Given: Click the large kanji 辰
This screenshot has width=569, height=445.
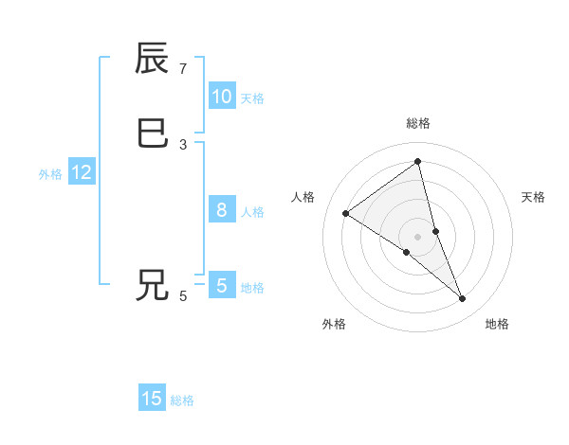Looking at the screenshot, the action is (x=153, y=60).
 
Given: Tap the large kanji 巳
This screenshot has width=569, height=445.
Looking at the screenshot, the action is (x=153, y=133).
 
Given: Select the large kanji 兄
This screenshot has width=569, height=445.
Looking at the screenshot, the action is (x=153, y=285).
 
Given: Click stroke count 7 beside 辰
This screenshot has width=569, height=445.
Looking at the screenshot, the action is (x=183, y=69).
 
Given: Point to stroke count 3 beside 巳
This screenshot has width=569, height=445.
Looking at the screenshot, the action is (x=183, y=144).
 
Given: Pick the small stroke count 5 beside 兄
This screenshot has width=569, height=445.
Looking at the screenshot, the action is (x=183, y=296).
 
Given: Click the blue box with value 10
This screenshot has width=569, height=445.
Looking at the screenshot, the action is (x=221, y=97).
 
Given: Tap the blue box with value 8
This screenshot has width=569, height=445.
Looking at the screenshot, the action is (x=221, y=210).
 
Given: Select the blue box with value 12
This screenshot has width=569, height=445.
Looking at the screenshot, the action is (x=81, y=172).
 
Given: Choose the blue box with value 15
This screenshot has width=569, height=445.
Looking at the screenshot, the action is (x=152, y=399).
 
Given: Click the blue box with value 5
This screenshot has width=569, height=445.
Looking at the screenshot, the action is (x=221, y=285).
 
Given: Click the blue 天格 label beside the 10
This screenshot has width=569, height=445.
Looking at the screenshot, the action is (x=252, y=98).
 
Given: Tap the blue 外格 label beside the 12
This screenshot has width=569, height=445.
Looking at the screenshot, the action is (x=50, y=174).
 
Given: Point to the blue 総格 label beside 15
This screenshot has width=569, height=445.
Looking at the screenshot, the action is (x=182, y=400).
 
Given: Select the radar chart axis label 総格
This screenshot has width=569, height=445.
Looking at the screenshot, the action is (x=418, y=123).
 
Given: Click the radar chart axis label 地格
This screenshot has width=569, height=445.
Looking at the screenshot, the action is (x=497, y=324).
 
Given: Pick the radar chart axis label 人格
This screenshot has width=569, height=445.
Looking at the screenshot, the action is (x=303, y=197).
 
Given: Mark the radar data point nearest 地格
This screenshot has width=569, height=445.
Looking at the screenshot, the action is (x=463, y=299).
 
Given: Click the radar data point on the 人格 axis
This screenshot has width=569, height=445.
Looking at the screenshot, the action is (x=345, y=213).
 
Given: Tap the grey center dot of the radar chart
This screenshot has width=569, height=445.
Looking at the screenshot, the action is (x=418, y=237).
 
